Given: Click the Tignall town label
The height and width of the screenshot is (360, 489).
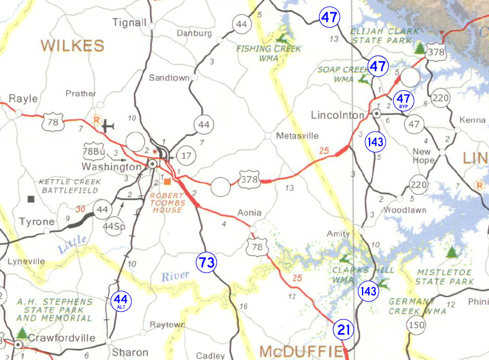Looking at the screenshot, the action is click(130, 22).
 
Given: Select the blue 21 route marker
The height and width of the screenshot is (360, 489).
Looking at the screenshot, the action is click(343, 330).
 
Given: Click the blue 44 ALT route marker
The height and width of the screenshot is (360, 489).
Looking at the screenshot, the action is click(121, 302).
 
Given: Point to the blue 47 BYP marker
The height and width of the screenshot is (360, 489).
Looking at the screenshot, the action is click(404, 100).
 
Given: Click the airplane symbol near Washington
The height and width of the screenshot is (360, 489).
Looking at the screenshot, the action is click(108, 126).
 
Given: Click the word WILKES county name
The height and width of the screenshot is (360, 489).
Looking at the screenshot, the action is click(73, 46).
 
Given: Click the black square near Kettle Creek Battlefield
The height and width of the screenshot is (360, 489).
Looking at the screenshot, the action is click(31, 199).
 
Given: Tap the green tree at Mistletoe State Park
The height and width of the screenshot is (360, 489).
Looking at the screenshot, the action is click(452, 251).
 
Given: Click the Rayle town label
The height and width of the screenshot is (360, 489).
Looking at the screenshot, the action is click(23, 99).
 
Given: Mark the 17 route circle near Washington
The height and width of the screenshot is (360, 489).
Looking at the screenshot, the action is click(185, 156).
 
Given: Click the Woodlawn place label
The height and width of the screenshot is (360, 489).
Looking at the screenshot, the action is click(405, 210).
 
